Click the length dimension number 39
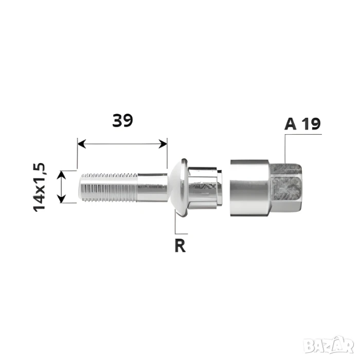[x=122, y=120]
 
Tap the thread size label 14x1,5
[x=40, y=187]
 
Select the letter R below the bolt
[x=180, y=246]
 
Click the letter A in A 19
[x=290, y=124]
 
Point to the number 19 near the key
[x=311, y=124]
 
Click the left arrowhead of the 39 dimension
[x=82, y=143]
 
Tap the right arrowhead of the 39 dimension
[x=163, y=143]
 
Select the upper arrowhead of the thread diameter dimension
[x=61, y=175]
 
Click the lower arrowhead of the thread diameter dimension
[x=61, y=199]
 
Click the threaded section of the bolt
[x=109, y=187]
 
